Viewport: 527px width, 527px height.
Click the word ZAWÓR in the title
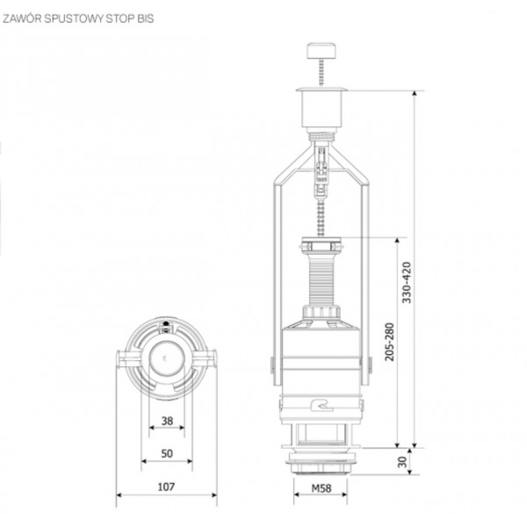point(23,15)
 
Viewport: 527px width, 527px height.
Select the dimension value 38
point(166,422)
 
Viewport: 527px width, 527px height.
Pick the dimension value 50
point(166,454)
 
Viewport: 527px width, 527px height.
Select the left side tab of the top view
point(124,359)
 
